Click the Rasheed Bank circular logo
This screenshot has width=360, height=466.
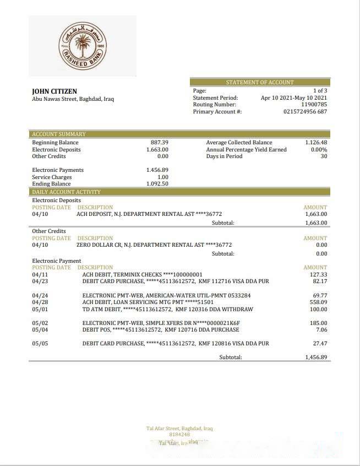point(83,46)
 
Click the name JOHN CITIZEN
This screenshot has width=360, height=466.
point(54,91)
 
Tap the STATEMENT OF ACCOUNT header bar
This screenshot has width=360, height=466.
point(260,82)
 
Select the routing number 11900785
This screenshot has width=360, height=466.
point(314,104)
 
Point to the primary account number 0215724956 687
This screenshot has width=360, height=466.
point(305,111)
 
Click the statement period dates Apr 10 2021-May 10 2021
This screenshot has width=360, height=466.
point(294,97)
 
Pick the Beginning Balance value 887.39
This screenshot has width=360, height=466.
point(160,142)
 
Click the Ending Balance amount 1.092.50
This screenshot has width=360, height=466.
point(157,184)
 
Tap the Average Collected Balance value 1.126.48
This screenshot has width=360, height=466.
point(316,142)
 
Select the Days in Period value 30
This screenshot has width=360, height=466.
point(324,156)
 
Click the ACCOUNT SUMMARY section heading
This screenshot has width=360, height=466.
point(59,134)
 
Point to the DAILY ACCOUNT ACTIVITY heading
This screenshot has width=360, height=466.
point(67,192)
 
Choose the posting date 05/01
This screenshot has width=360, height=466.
point(40,309)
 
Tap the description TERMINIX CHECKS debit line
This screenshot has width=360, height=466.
point(143,274)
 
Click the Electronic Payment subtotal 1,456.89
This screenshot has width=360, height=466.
point(316,357)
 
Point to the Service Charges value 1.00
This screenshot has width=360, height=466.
point(163,177)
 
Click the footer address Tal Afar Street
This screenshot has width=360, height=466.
point(179,428)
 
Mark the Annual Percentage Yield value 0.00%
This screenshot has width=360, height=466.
point(319,149)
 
